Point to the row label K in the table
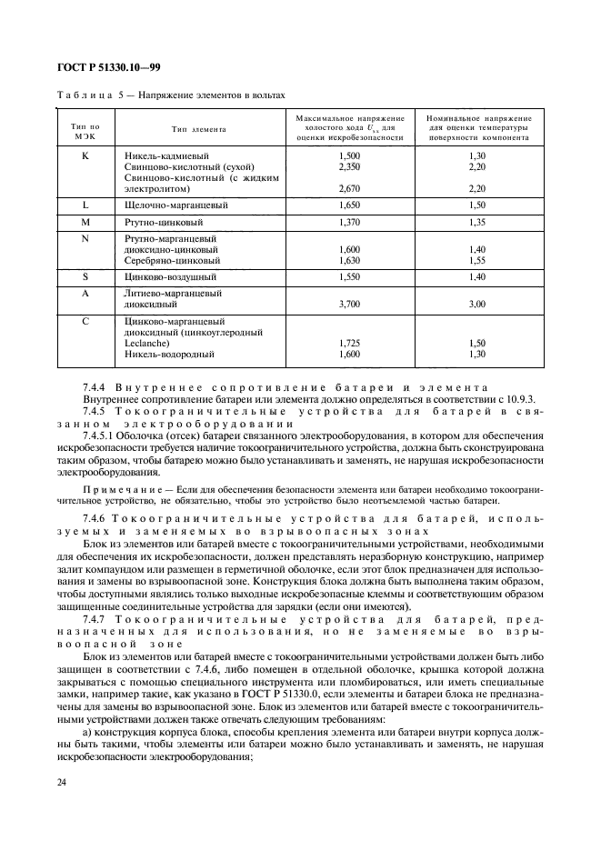tap(84, 155)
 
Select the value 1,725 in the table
tap(349, 343)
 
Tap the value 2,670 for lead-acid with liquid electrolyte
tap(349, 189)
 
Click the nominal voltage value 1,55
tap(477, 259)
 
